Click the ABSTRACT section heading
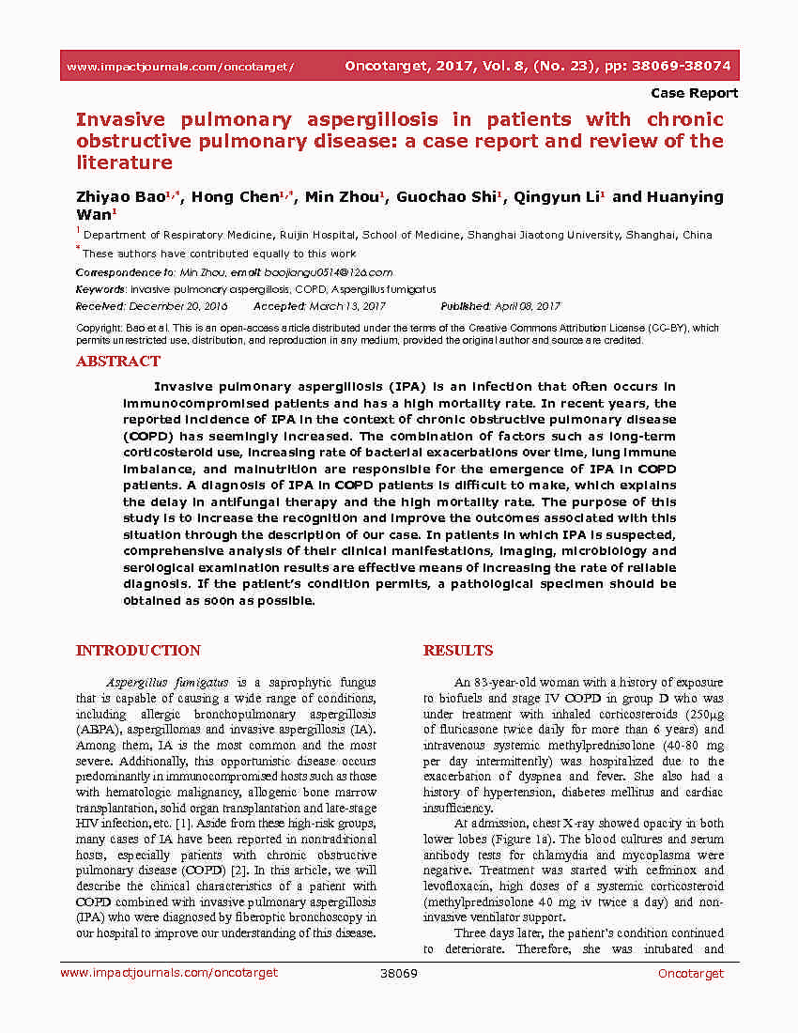118,362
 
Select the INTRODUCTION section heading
138,651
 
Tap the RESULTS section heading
458,651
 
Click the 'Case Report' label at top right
694,93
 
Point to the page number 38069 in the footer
398,974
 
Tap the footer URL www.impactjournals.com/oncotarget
169,974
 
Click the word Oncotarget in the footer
690,974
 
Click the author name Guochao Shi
446,197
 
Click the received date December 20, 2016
177,306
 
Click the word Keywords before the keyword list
100,289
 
